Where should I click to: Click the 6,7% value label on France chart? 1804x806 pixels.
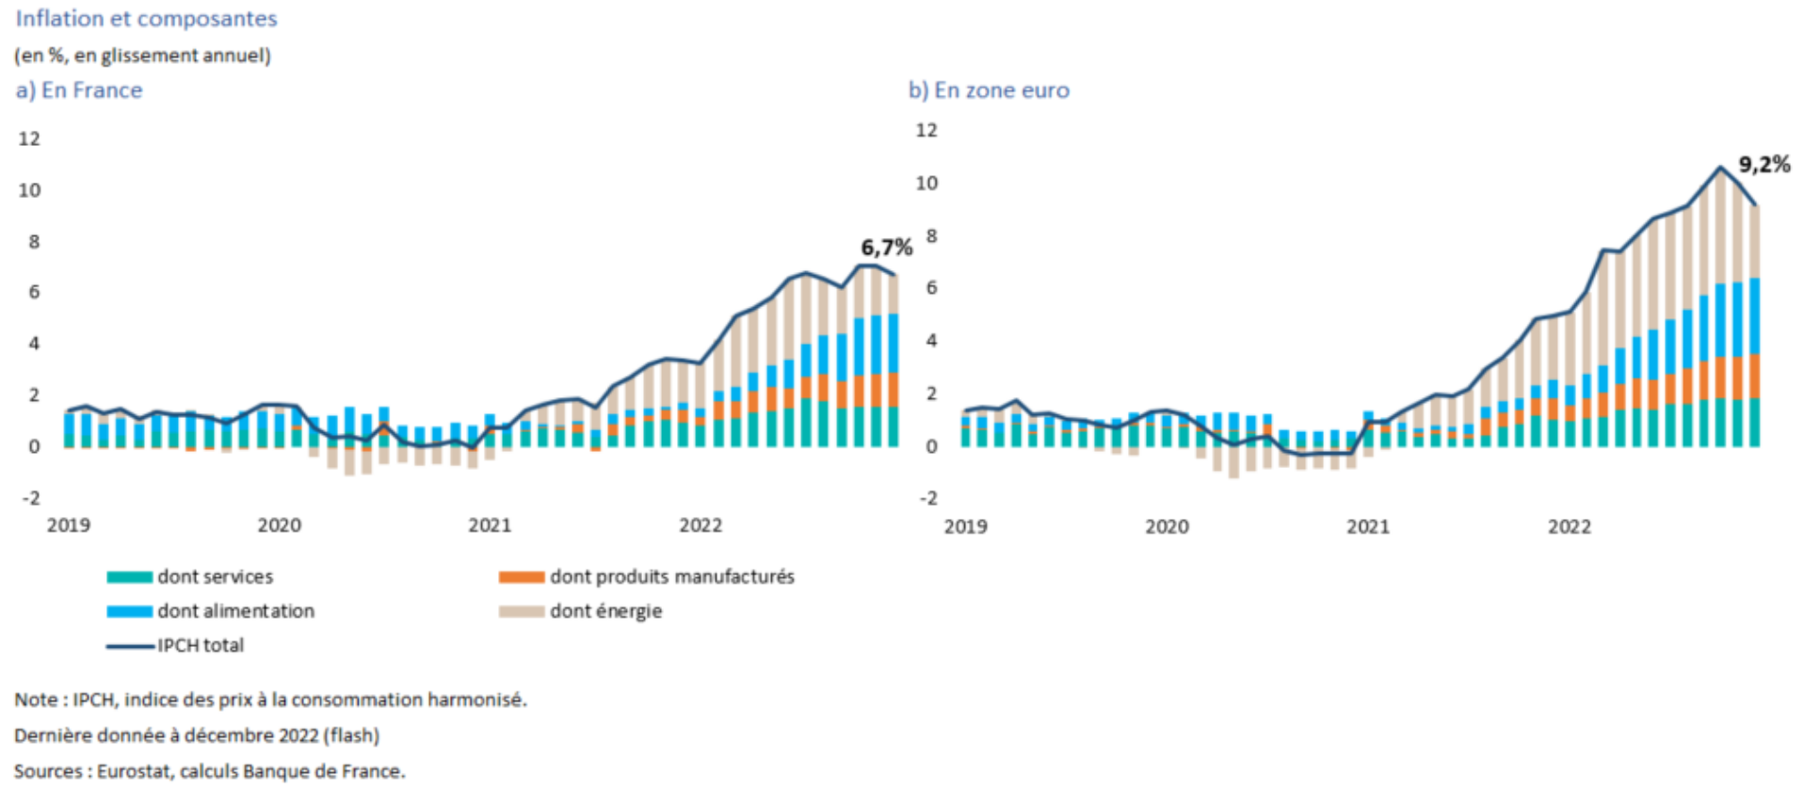coord(886,248)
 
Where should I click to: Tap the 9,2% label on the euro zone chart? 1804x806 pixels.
coord(1764,165)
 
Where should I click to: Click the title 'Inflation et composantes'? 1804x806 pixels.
coord(146,19)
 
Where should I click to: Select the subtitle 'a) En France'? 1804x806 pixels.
coord(79,90)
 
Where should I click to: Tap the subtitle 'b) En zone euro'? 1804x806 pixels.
coord(989,90)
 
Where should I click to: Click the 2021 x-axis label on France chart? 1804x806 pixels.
coord(490,525)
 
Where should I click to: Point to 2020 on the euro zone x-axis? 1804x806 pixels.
coord(1167,527)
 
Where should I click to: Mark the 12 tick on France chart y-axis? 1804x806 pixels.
coord(30,139)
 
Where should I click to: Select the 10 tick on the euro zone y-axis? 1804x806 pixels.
coord(926,183)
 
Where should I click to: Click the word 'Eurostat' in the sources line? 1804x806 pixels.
coord(134,771)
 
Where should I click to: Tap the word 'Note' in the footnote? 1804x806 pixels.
coord(37,700)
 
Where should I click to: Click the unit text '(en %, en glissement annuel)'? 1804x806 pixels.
coord(142,56)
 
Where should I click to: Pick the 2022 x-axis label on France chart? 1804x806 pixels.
coord(701,525)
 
